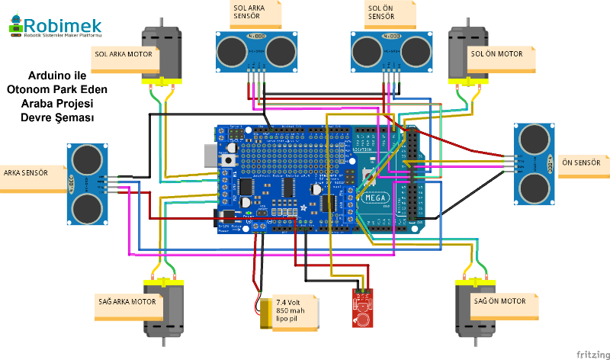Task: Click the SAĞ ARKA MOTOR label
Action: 127,302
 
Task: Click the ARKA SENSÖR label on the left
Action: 26,172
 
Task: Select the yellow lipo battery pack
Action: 265,313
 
